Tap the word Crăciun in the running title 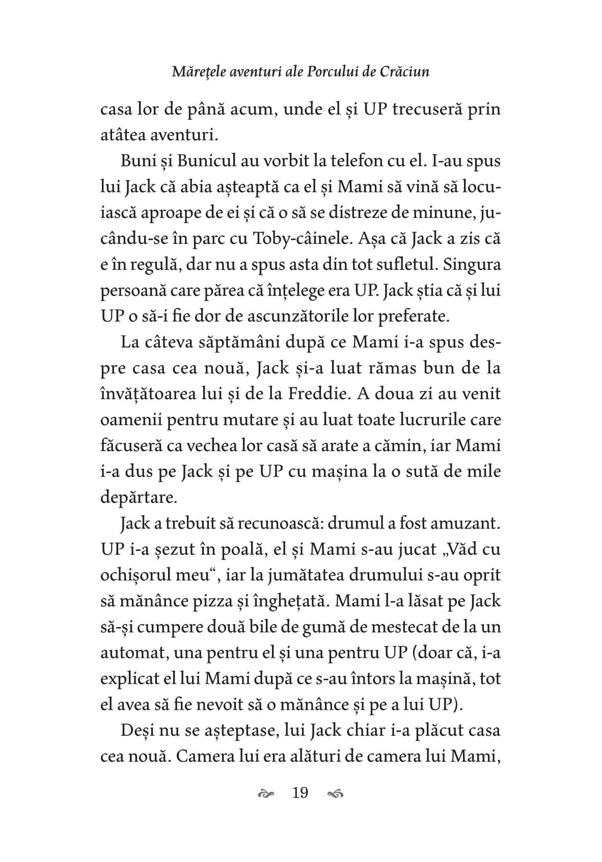[x=404, y=72]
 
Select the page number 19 [x=300, y=793]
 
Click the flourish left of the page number [x=266, y=793]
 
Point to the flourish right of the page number [x=336, y=793]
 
